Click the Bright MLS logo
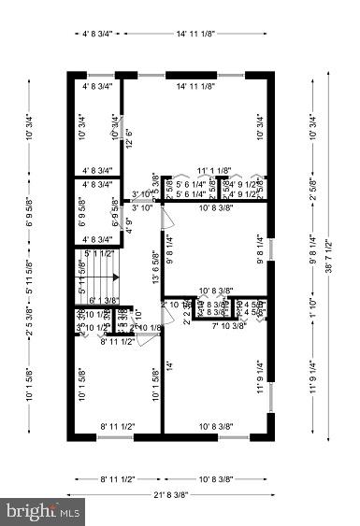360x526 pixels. (x=43, y=511)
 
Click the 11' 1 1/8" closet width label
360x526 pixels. (x=213, y=171)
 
